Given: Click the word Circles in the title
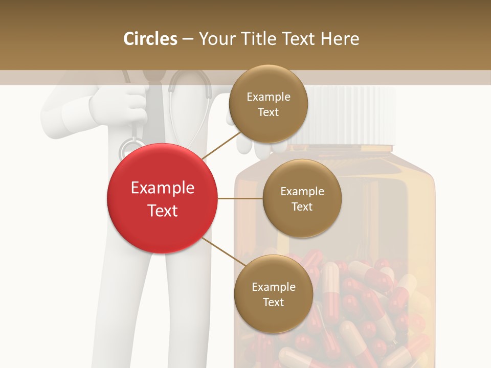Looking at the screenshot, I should tap(150, 39).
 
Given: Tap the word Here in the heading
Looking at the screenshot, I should tap(340, 39).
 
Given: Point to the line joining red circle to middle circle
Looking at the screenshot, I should tap(240, 198).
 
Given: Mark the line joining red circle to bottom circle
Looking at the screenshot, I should tap(224, 252).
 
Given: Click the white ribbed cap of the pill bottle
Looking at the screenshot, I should tap(353, 115).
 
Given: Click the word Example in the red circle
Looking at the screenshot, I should tap(162, 188).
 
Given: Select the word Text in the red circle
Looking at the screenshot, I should tap(162, 211).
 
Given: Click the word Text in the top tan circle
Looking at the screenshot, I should tap(268, 112).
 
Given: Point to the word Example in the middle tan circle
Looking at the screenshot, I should tap(302, 192).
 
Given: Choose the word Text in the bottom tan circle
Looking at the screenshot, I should tap(273, 302).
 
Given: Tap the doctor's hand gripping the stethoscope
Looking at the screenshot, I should tap(118, 105).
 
